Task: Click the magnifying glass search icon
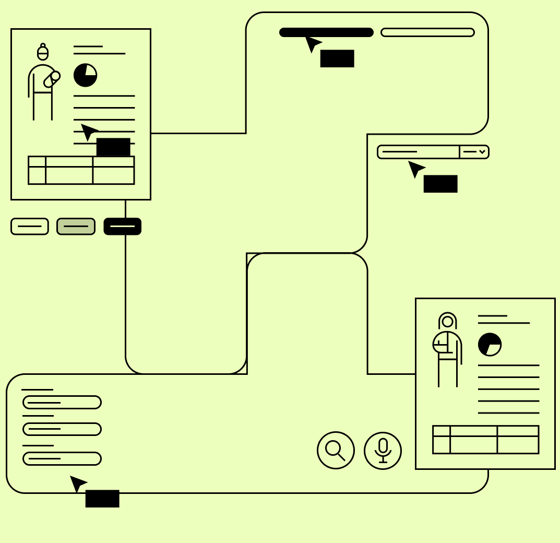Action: [336, 450]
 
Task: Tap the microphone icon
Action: [383, 450]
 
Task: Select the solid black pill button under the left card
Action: [122, 226]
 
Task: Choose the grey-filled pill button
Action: [76, 226]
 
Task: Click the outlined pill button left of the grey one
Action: [30, 226]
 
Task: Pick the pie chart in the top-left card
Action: [85, 75]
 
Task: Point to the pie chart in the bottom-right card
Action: [490, 345]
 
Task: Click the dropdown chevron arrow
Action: [482, 152]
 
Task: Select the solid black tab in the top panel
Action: [326, 32]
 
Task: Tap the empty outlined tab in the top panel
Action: [427, 32]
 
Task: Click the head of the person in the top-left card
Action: [43, 53]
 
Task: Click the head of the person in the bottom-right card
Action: [448, 321]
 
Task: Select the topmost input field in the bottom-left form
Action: [62, 402]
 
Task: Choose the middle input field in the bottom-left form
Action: [62, 429]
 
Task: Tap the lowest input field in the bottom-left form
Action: [62, 458]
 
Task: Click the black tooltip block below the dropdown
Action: [440, 184]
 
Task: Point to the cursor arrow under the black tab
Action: [312, 43]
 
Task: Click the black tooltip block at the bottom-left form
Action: [102, 499]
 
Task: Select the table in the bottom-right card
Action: [485, 440]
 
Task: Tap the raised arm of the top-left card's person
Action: [52, 79]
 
